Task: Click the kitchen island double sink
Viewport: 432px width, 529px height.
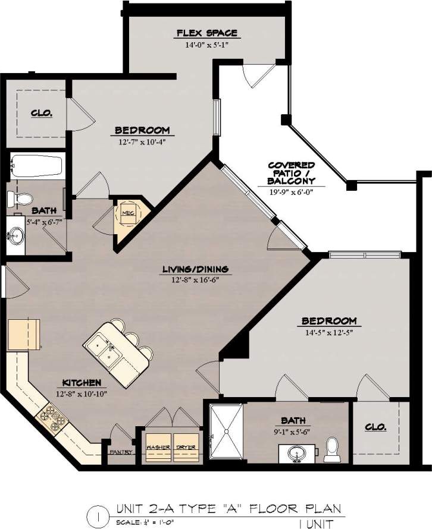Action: pyautogui.click(x=104, y=349)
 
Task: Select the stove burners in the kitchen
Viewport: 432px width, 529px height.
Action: pyautogui.click(x=51, y=418)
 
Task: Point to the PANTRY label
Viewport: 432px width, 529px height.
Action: pyautogui.click(x=120, y=452)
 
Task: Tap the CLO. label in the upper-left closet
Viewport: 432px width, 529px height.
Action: pyautogui.click(x=41, y=112)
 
